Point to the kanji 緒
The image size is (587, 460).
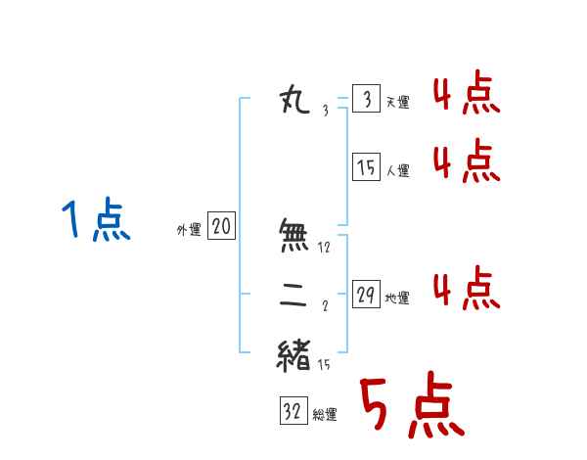(294, 354)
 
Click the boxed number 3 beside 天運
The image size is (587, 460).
(366, 100)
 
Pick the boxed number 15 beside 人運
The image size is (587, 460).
(366, 167)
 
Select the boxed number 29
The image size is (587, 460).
(366, 296)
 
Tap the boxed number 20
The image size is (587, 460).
(222, 228)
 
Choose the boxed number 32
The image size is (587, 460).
(293, 412)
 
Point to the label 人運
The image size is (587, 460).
(397, 170)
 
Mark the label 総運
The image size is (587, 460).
(325, 415)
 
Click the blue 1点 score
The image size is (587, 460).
(96, 220)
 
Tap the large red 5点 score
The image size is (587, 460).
(410, 407)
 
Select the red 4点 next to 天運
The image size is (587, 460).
(467, 96)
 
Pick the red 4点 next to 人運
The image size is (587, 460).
(467, 161)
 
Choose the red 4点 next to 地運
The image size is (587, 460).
(467, 289)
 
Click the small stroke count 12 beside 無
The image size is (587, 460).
(325, 248)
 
